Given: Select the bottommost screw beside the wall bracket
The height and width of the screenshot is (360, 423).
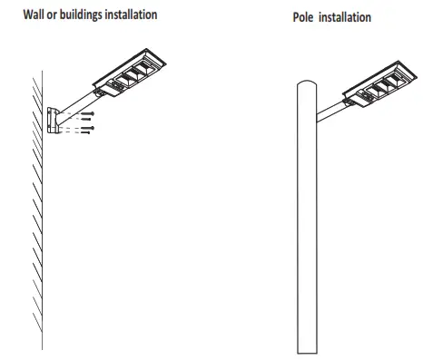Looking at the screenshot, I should coord(86,131).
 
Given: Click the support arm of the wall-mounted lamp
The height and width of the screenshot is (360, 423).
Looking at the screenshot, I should coord(77,102).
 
